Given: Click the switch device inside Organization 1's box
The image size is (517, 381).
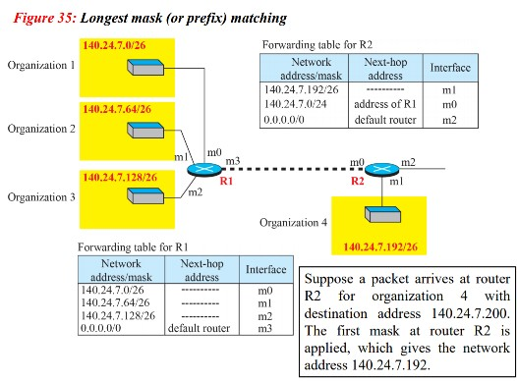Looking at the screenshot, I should coord(144,67).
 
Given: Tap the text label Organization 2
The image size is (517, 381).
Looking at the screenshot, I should coord(41,129).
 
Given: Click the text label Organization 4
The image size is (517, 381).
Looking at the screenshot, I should coord(293,222).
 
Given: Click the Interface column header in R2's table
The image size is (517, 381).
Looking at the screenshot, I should coord(449,69).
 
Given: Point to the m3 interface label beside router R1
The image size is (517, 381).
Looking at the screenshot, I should coord(232,159).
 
